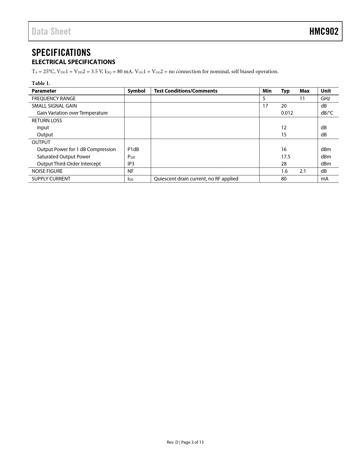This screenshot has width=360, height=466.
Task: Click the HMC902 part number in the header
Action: (324, 31)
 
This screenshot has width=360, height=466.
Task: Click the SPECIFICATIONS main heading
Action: (61, 53)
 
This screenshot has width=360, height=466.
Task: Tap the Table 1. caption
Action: (41, 83)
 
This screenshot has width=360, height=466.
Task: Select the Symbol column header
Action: (136, 91)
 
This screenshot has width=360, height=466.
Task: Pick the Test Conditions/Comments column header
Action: (186, 91)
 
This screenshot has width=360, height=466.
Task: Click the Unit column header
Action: (326, 91)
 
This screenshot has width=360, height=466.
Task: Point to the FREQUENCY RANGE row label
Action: (54, 99)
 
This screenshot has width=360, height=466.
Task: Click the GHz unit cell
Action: (325, 99)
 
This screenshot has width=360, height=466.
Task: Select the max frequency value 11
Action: (302, 99)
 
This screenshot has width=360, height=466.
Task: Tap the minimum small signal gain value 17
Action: (265, 106)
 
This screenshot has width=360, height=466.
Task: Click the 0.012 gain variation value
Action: (287, 113)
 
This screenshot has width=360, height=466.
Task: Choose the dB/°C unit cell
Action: (327, 113)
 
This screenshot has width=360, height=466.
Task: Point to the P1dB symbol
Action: (133, 149)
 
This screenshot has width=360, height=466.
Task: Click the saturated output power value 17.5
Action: (285, 157)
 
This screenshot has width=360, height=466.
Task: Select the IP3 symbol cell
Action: (131, 164)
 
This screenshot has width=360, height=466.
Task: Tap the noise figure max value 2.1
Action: (303, 171)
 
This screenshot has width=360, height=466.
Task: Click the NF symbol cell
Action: (130, 171)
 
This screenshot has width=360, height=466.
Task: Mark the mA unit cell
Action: (324, 179)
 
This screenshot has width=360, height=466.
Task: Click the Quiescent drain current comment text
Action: (196, 179)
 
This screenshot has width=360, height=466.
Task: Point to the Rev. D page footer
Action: (185, 442)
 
